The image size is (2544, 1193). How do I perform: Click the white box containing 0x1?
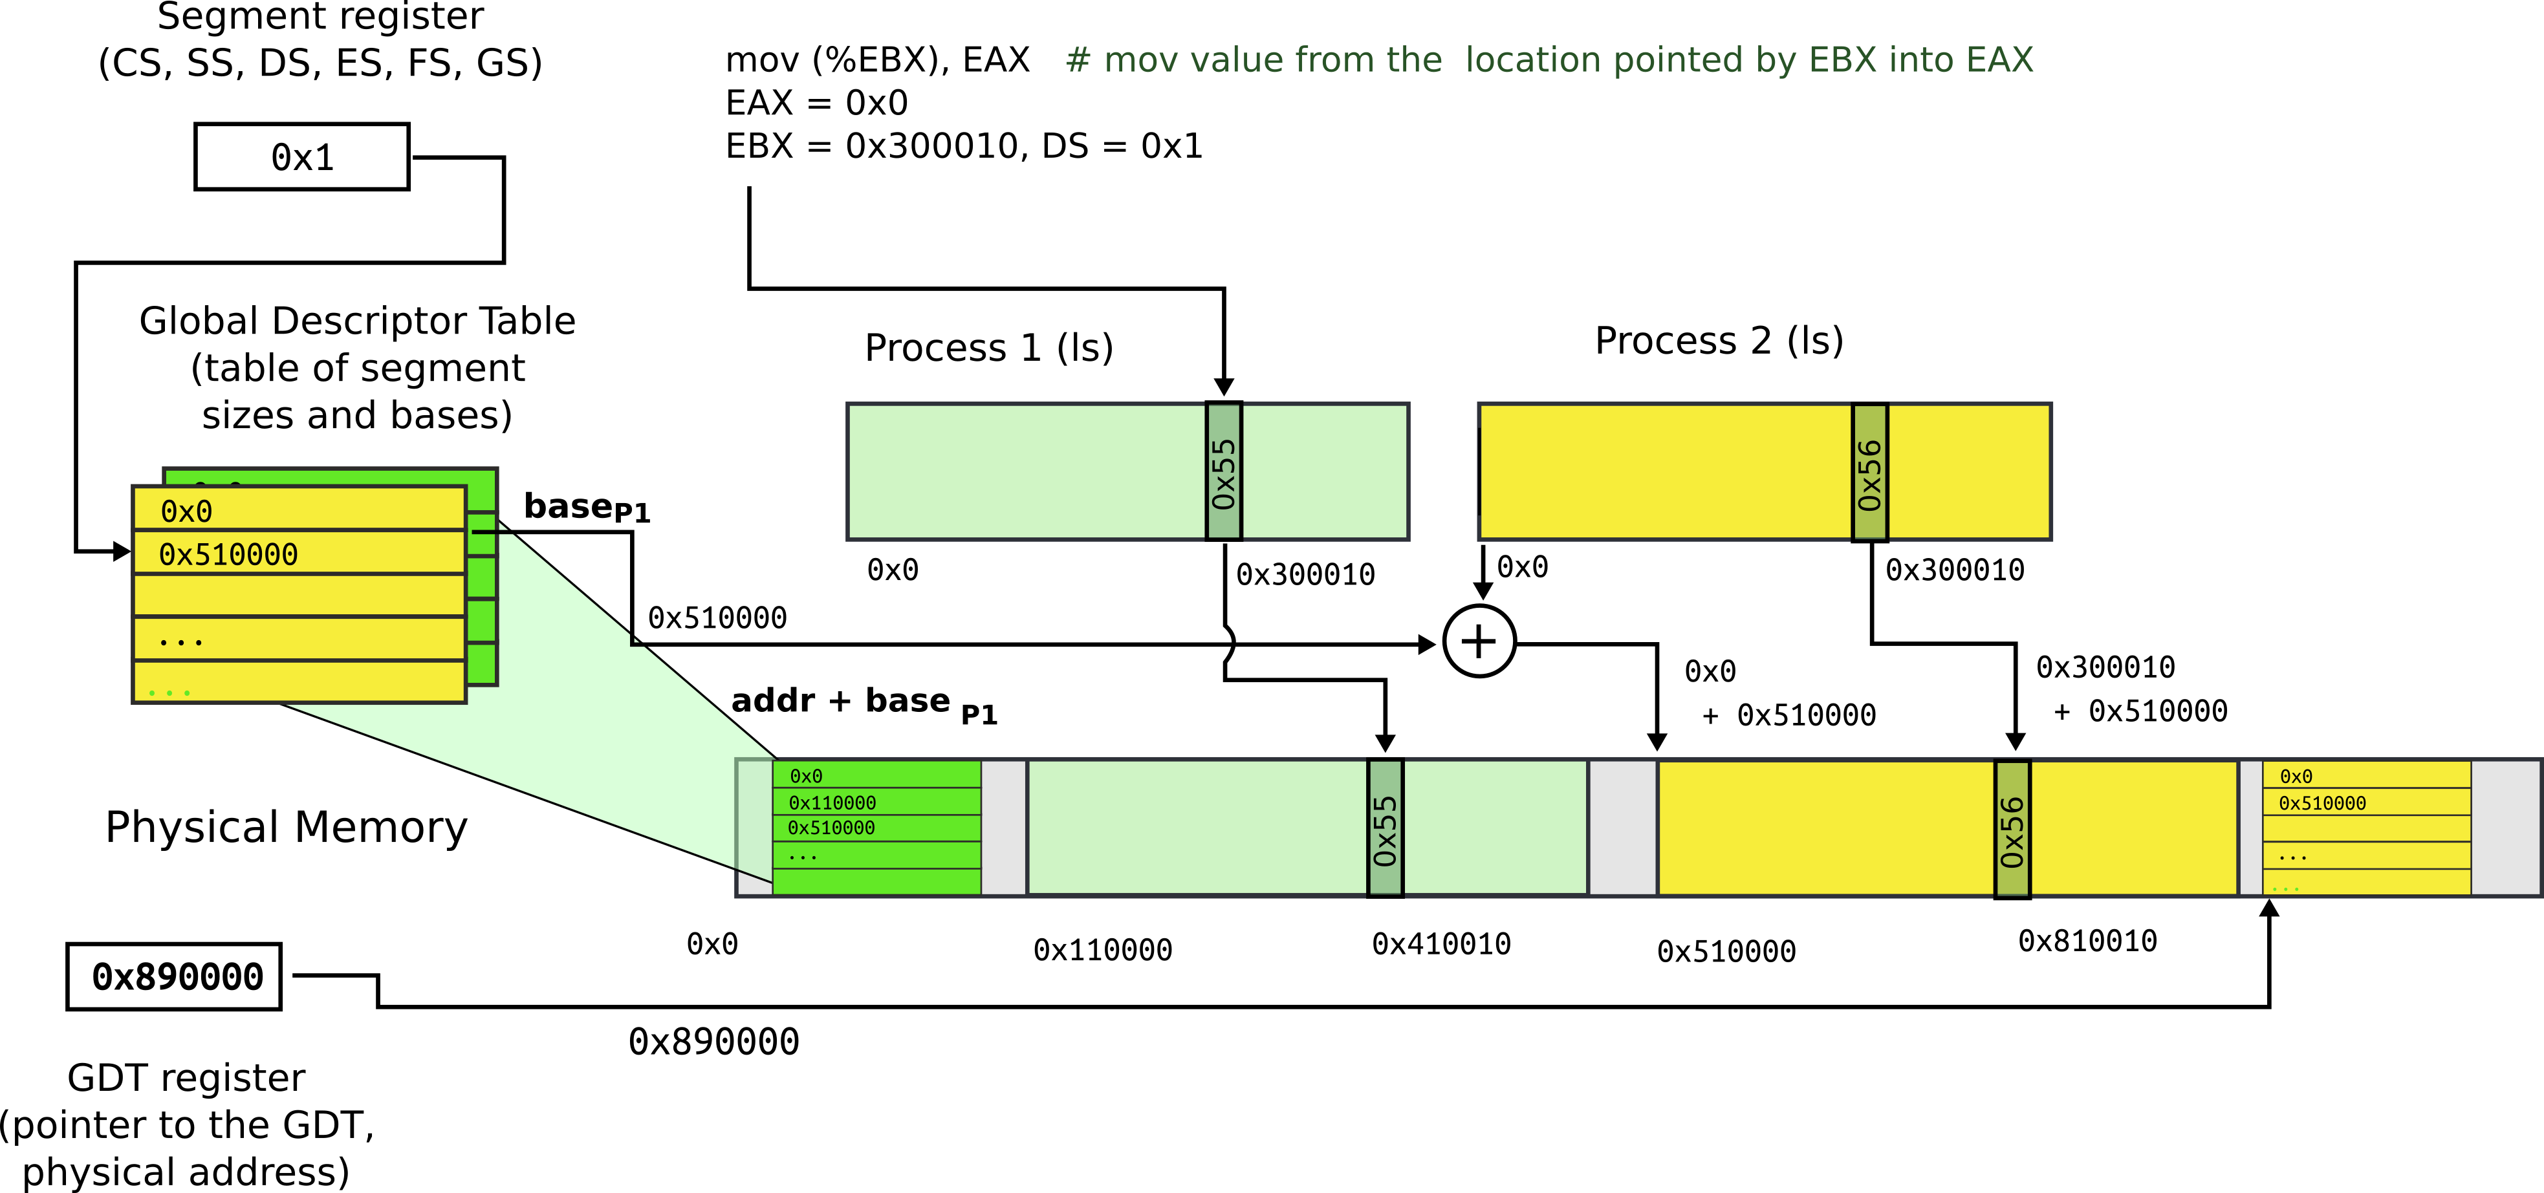pos(301,157)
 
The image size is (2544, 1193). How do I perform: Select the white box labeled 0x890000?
pos(174,977)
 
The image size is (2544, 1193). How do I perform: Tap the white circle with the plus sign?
pos(1479,641)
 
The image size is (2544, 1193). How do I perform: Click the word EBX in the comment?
pos(1842,60)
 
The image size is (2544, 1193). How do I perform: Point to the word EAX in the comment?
pos(1999,60)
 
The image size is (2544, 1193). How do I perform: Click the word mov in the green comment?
pos(1140,60)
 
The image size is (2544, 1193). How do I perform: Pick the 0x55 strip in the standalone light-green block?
pos(1224,472)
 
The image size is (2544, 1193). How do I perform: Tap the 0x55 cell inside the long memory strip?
pos(1385,828)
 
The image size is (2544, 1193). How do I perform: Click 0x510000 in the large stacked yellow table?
pos(228,555)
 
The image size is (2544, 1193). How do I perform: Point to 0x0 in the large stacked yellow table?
pos(187,511)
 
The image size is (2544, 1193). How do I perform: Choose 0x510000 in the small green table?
pos(832,828)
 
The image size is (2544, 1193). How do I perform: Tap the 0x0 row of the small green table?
pos(806,776)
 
